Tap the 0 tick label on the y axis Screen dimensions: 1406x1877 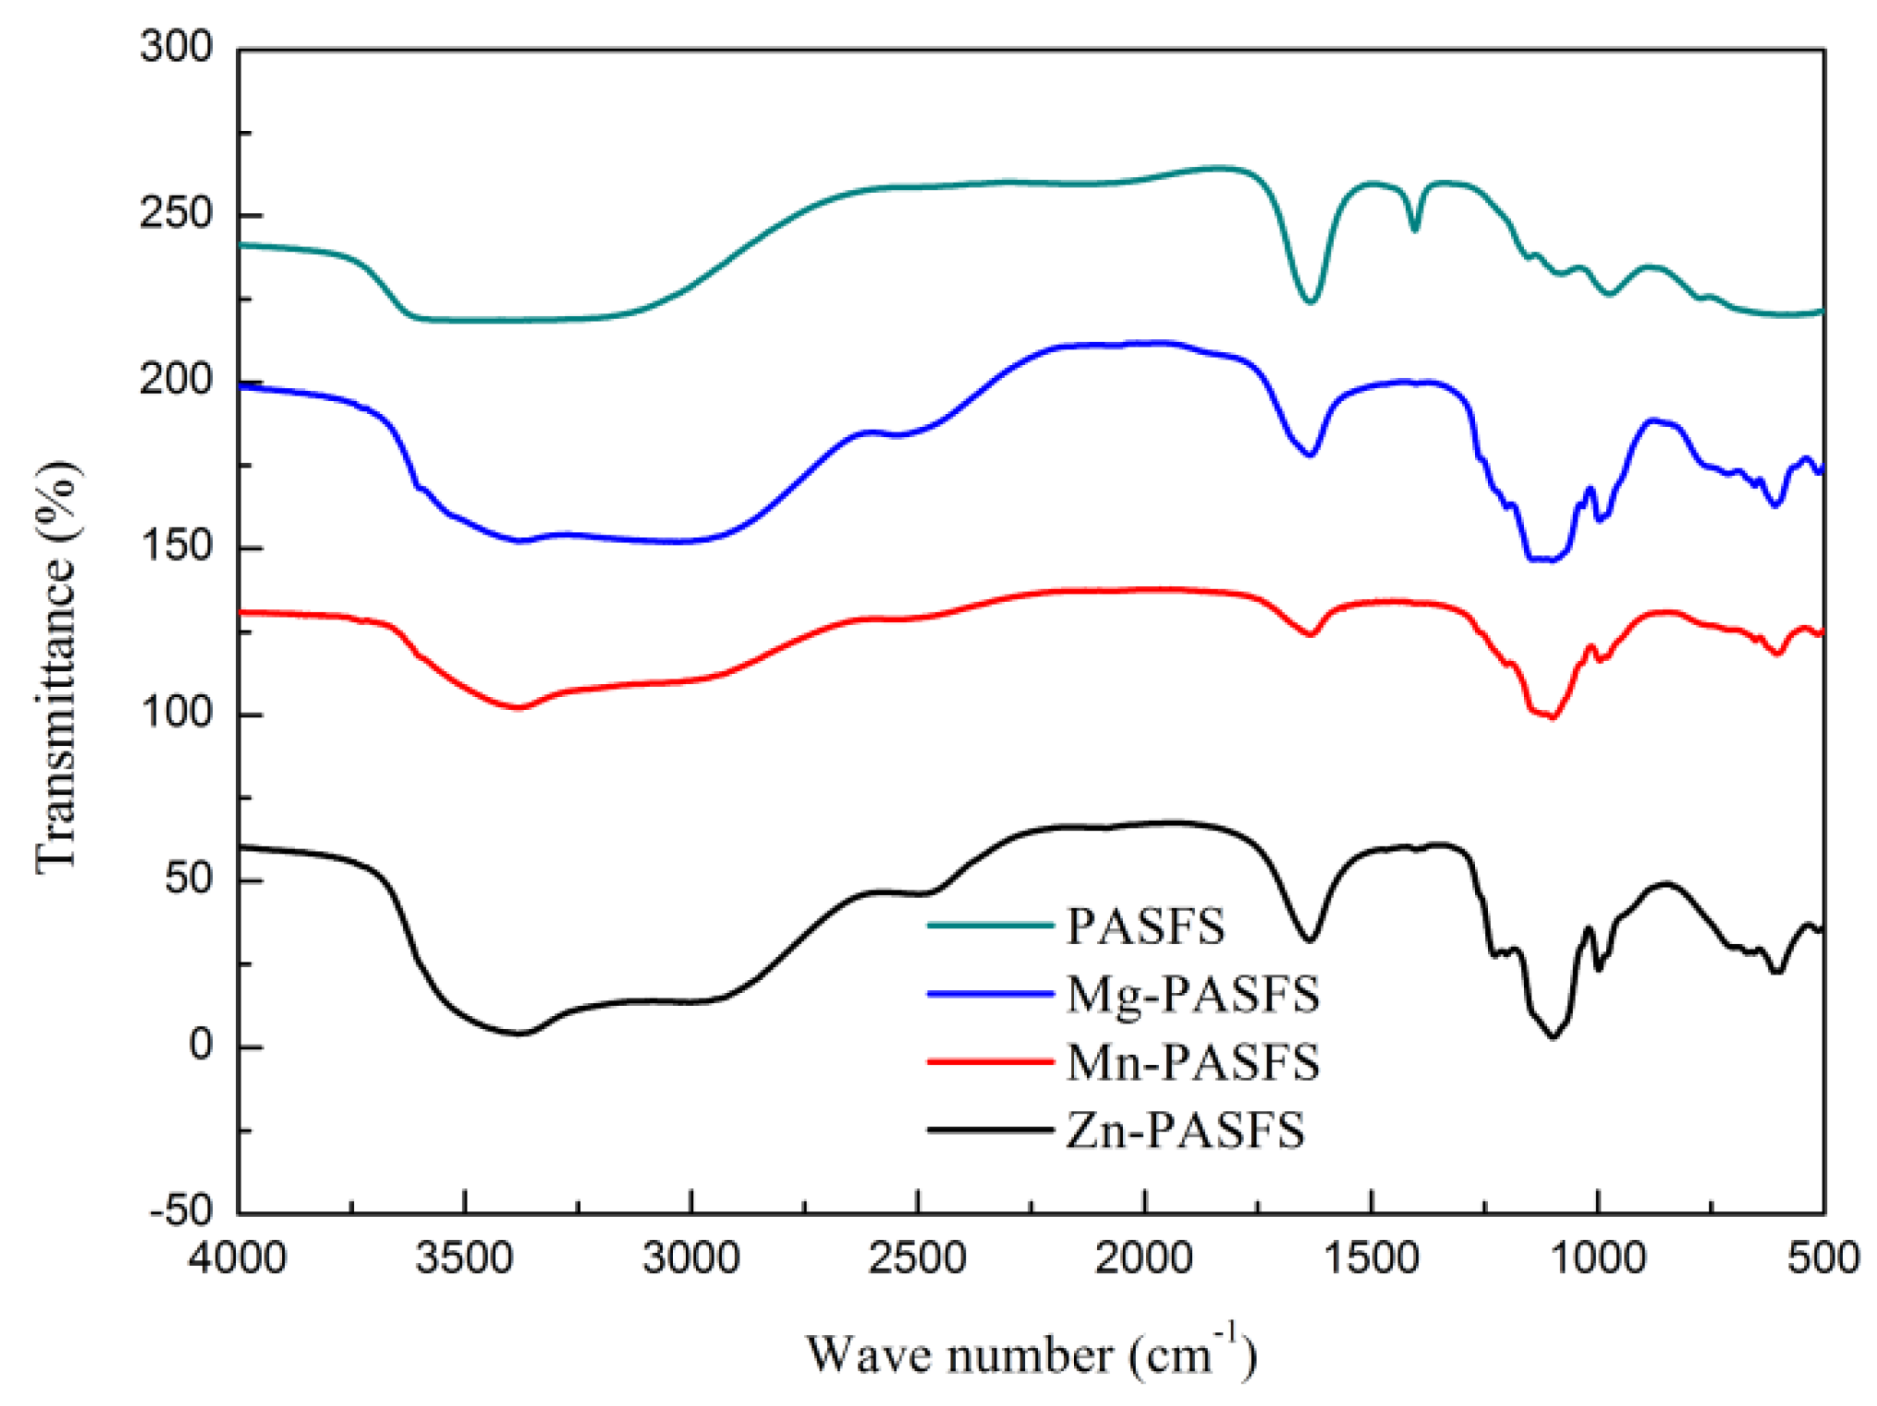[201, 1045]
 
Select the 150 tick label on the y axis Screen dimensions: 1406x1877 [176, 546]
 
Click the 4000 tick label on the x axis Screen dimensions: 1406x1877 [238, 1258]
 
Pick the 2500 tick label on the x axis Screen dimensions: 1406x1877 [917, 1258]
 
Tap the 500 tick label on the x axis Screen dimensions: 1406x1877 [1823, 1258]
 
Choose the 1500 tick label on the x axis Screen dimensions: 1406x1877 [1371, 1258]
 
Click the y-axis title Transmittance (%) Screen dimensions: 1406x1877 [57, 666]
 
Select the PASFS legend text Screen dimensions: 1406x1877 [1145, 926]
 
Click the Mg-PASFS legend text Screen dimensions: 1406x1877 [1193, 994]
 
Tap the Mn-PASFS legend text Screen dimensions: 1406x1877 [1193, 1062]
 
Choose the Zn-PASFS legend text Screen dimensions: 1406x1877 [1186, 1130]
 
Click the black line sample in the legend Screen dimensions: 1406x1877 [990, 1129]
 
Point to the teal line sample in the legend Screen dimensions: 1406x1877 [990, 925]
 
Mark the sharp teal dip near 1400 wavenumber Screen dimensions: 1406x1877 [1415, 230]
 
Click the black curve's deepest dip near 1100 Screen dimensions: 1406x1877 [1553, 1037]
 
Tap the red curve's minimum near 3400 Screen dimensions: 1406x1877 [519, 707]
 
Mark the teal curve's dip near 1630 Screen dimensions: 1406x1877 [1310, 301]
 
